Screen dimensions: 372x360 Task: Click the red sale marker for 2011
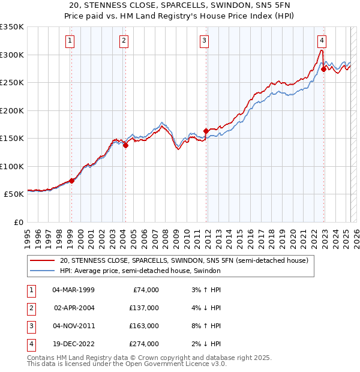pyautogui.click(x=206, y=131)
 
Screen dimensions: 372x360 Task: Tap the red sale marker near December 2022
pyautogui.click(x=323, y=69)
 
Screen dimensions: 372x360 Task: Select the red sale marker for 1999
pyautogui.click(x=71, y=180)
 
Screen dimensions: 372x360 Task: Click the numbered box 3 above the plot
pyautogui.click(x=204, y=41)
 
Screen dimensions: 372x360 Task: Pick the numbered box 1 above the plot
pyautogui.click(x=70, y=41)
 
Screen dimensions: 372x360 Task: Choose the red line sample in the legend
pyautogui.click(x=41, y=260)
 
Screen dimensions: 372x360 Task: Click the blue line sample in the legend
pyautogui.click(x=41, y=271)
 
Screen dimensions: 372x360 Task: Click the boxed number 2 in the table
pyautogui.click(x=31, y=308)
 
